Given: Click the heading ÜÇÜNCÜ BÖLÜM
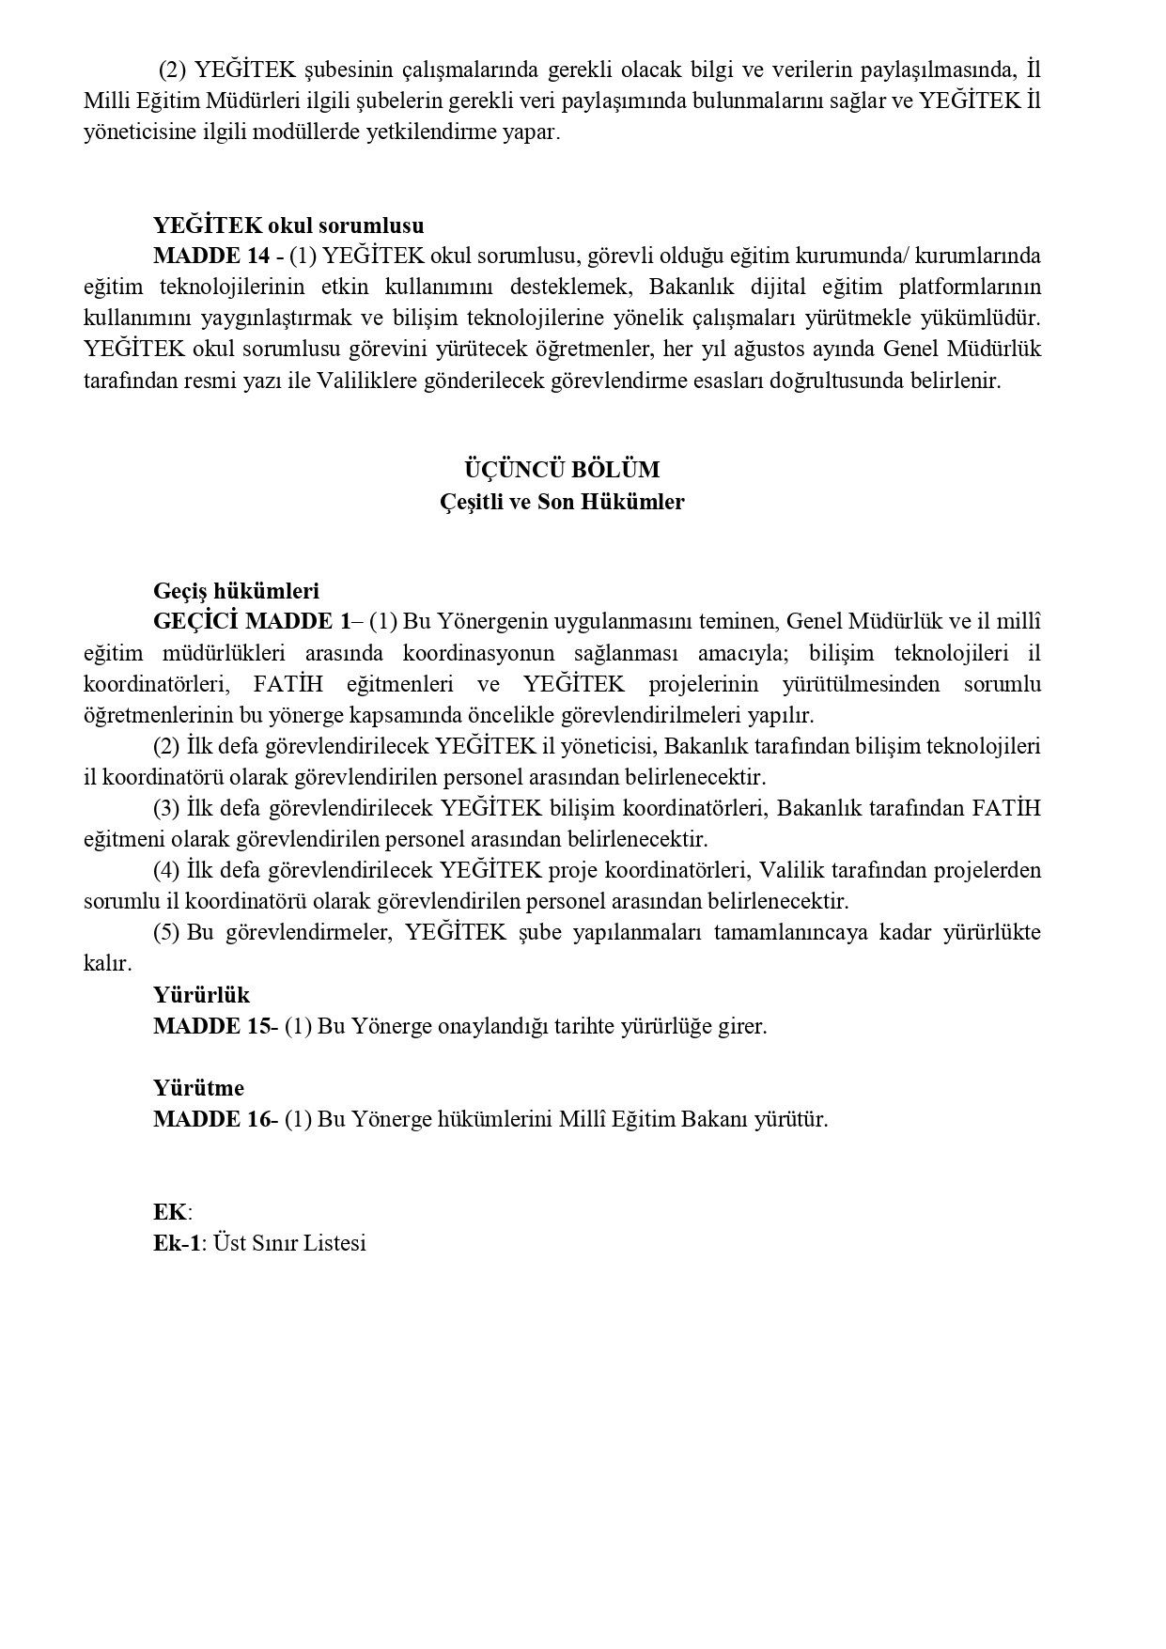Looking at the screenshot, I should tap(562, 469).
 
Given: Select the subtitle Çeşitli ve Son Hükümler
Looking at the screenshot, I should tap(562, 502).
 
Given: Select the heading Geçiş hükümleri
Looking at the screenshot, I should tap(236, 591).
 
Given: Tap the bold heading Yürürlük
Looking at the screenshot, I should tap(201, 995).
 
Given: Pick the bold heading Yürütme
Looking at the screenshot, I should tap(198, 1088).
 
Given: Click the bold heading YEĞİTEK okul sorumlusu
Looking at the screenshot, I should tap(288, 226).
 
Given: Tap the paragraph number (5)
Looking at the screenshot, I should tap(167, 932).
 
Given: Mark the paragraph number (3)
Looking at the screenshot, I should tap(167, 808).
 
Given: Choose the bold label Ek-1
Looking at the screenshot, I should tap(177, 1243).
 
